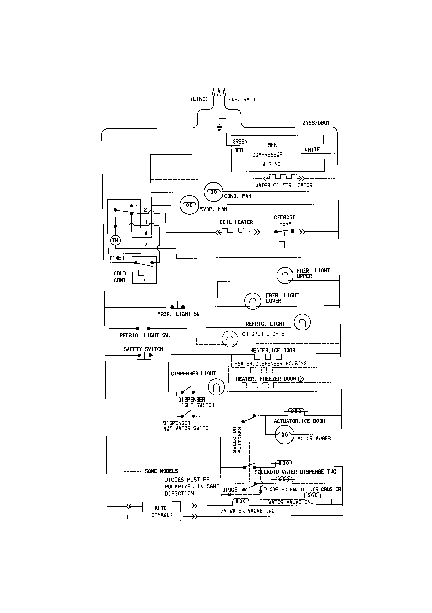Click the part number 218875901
(x=316, y=123)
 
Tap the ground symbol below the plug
(x=219, y=128)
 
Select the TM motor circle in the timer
(x=115, y=240)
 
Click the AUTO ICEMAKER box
(x=161, y=511)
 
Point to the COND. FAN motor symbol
(x=213, y=192)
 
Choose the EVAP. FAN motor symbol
(x=189, y=205)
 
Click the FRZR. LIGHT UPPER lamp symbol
(x=285, y=275)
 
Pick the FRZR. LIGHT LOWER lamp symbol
(x=253, y=301)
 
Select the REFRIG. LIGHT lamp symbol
(x=302, y=322)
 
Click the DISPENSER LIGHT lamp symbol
(x=216, y=387)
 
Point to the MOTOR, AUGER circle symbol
(x=284, y=434)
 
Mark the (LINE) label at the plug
(x=199, y=99)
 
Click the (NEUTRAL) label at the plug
(x=242, y=100)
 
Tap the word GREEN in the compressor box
(x=240, y=142)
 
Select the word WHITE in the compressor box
(x=312, y=150)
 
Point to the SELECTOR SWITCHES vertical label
(x=237, y=439)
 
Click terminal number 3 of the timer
(x=146, y=245)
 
